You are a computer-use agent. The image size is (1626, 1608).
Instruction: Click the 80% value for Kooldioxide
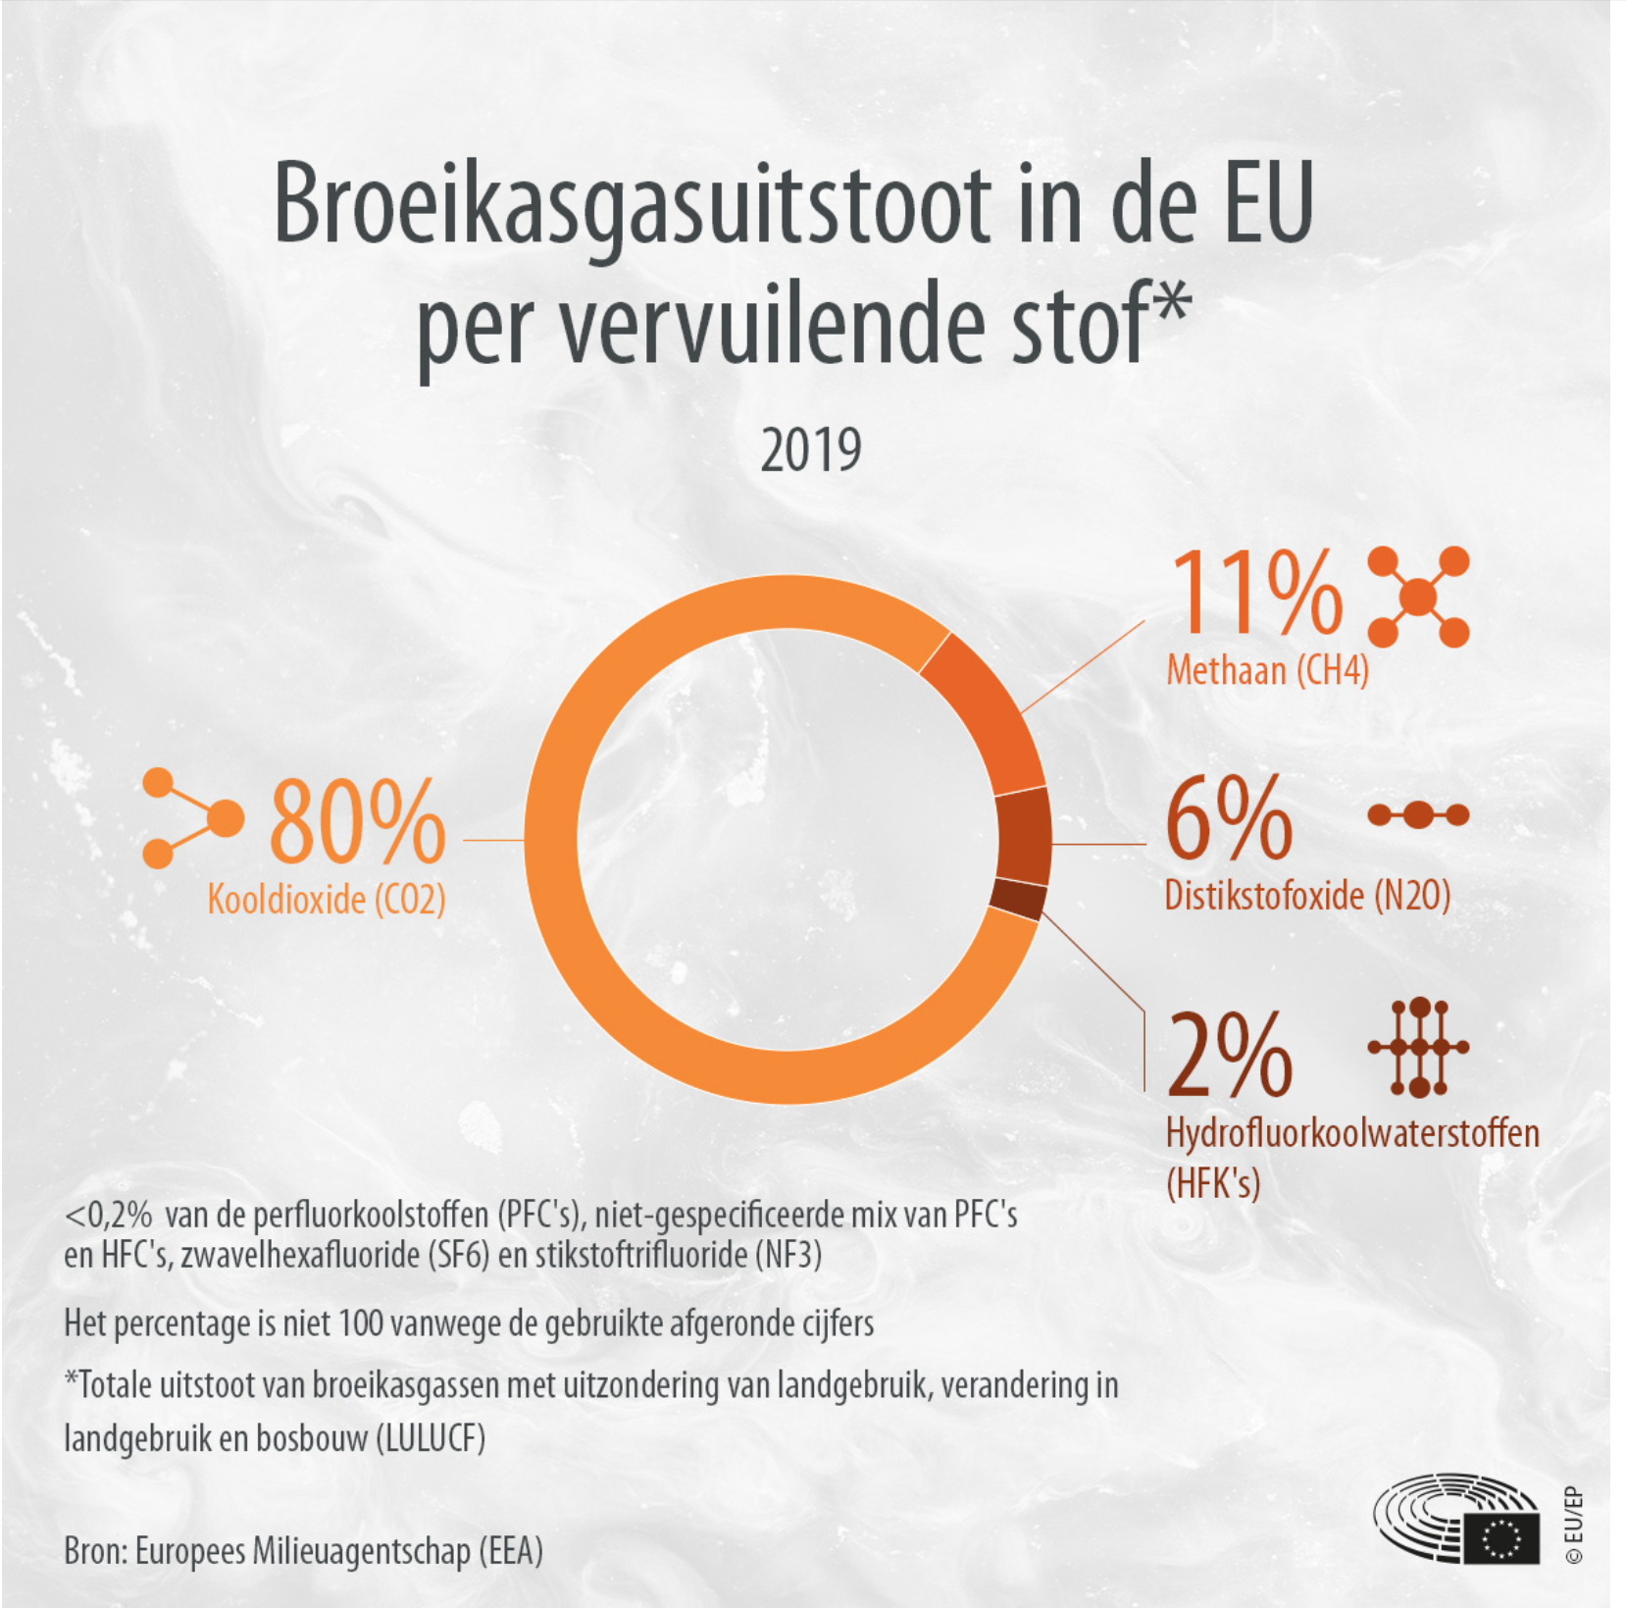[x=357, y=822]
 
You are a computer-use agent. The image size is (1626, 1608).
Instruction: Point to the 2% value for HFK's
[x=1230, y=1055]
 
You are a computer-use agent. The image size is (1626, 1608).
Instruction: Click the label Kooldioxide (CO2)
[x=327, y=899]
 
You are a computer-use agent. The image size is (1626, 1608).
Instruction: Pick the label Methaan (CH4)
[x=1267, y=671]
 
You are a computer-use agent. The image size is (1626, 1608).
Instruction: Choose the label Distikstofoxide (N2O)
[x=1307, y=895]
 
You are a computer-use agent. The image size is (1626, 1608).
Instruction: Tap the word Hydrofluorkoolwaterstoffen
[x=1351, y=1133]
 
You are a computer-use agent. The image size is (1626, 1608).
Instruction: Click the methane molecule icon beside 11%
[x=1418, y=597]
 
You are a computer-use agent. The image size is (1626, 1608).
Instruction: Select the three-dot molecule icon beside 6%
[x=1418, y=814]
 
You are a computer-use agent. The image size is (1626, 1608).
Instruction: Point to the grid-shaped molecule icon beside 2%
[x=1418, y=1047]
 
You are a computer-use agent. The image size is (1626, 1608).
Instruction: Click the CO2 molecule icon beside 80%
[x=192, y=818]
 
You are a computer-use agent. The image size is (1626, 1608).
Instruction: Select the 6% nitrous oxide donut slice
[x=1024, y=837]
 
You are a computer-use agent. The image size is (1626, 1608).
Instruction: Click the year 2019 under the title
[x=811, y=450]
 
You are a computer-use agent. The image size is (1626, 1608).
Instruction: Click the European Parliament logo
[x=1456, y=1518]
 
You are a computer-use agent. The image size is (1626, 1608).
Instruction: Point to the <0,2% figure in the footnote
[x=108, y=1216]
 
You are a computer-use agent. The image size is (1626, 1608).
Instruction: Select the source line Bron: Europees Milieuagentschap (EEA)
[x=303, y=1551]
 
